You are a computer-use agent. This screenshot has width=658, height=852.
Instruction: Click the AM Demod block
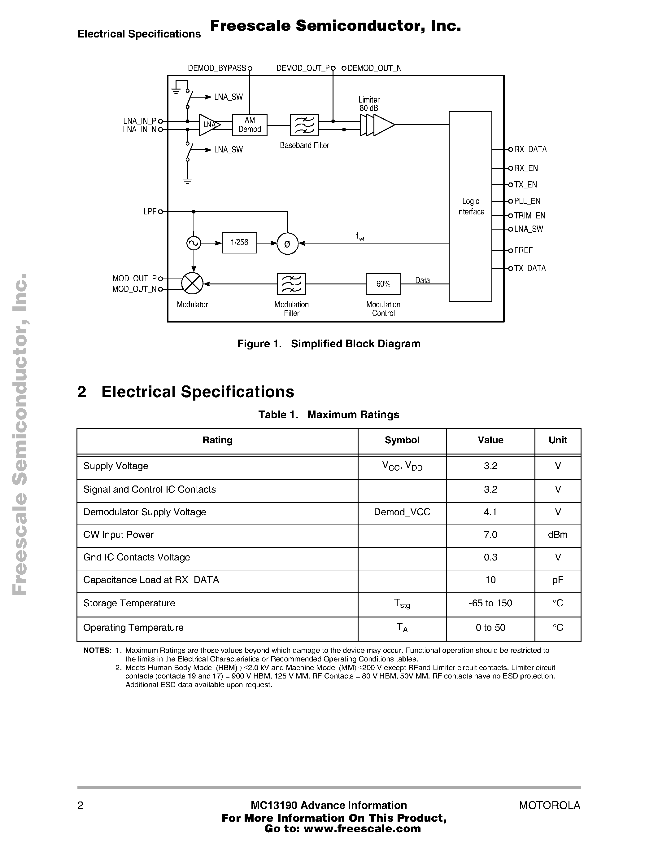250,125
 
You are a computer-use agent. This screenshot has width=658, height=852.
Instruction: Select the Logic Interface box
470,206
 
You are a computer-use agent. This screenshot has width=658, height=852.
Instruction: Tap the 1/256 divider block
239,243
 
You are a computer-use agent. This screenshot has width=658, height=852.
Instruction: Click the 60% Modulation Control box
383,284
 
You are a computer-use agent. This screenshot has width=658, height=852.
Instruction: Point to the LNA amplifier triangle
209,125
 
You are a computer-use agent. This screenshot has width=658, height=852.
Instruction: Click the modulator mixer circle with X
192,283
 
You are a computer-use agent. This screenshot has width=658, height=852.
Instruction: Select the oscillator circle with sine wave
194,244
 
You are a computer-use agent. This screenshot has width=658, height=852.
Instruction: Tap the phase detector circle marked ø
287,244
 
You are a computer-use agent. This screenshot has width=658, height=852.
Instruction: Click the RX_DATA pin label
530,149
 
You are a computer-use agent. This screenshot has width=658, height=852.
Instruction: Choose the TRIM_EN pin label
529,216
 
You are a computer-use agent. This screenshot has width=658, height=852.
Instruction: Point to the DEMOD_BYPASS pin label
217,68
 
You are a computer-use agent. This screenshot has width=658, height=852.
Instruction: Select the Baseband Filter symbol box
304,125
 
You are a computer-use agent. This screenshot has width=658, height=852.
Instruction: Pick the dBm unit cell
557,535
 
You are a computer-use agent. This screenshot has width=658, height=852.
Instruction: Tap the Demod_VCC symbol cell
402,512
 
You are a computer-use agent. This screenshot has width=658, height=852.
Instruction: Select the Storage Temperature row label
129,603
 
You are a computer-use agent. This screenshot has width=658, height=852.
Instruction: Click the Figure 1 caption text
329,344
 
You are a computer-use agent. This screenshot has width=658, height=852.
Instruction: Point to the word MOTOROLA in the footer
549,806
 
